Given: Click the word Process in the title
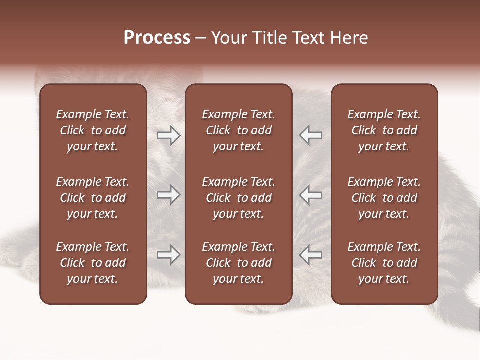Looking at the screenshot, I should coord(157,38).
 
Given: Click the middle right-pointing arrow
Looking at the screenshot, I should coord(168,195).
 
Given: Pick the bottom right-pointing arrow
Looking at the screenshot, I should coord(168,255).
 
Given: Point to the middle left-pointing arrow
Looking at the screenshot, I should coord(311,195).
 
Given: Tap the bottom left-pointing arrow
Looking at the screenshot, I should coord(311,255).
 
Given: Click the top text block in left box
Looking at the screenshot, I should coord(93,130).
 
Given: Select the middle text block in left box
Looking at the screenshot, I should coord(93,198).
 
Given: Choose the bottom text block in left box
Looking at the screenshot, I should coord(93,263).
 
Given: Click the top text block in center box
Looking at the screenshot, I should coord(238,130).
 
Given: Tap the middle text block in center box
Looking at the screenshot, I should coord(238,198).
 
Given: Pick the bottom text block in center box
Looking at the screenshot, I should coord(238,263).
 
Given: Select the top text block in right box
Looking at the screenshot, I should coord(384,130).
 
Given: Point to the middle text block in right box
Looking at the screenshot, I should coord(384,198).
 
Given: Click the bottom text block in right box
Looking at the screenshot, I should coord(384,263).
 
